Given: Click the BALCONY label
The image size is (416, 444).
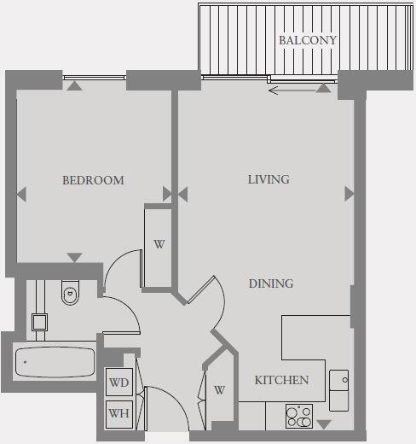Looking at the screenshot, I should pyautogui.click(x=308, y=40).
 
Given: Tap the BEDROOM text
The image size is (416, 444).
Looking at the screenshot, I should pyautogui.click(x=93, y=180).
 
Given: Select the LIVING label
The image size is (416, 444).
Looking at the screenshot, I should pyautogui.click(x=269, y=179).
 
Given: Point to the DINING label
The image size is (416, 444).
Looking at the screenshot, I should pyautogui.click(x=271, y=283).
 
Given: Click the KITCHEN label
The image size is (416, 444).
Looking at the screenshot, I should pyautogui.click(x=281, y=380).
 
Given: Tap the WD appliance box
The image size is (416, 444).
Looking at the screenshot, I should pyautogui.click(x=119, y=383).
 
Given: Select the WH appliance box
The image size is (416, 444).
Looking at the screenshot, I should pyautogui.click(x=119, y=414).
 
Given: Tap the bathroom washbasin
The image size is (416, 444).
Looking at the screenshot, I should pyautogui.click(x=38, y=322).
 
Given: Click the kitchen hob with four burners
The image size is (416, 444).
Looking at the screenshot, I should pyautogui.click(x=298, y=416).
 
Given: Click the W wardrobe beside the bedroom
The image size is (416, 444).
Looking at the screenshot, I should pyautogui.click(x=159, y=244).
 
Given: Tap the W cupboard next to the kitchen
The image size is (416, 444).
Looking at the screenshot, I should pyautogui.click(x=219, y=390).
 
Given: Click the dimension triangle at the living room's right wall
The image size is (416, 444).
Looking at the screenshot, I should pyautogui.click(x=349, y=194).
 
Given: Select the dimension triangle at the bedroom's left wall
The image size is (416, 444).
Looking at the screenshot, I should pyautogui.click(x=21, y=194).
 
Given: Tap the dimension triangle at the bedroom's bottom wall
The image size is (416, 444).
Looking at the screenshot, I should pyautogui.click(x=75, y=257).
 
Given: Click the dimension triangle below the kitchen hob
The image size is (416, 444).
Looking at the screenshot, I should pyautogui.click(x=323, y=424).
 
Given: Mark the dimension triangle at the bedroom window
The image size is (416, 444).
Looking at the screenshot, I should pyautogui.click(x=75, y=85).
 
